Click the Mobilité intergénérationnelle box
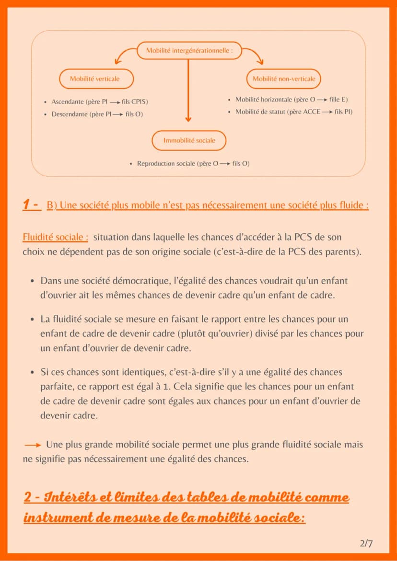tap(189, 51)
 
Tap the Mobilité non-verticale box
tap(284, 79)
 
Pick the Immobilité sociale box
tap(189, 140)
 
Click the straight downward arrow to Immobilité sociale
tap(188, 91)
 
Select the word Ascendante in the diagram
tap(67, 102)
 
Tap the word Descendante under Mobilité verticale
tap(69, 114)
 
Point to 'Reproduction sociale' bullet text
tap(166, 163)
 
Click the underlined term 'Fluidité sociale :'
tap(56, 237)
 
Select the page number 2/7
tap(366, 544)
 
